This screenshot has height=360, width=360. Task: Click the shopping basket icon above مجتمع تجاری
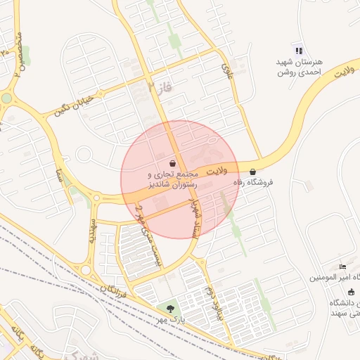pyautogui.click(x=173, y=163)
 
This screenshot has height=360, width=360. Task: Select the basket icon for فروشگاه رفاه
pyautogui.click(x=252, y=172)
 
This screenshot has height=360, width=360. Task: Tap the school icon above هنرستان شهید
pyautogui.click(x=299, y=51)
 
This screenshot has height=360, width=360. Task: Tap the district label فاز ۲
pyautogui.click(x=160, y=88)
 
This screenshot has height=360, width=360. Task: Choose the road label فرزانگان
pyautogui.click(x=113, y=288)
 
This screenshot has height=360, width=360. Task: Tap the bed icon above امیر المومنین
pyautogui.click(x=342, y=266)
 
